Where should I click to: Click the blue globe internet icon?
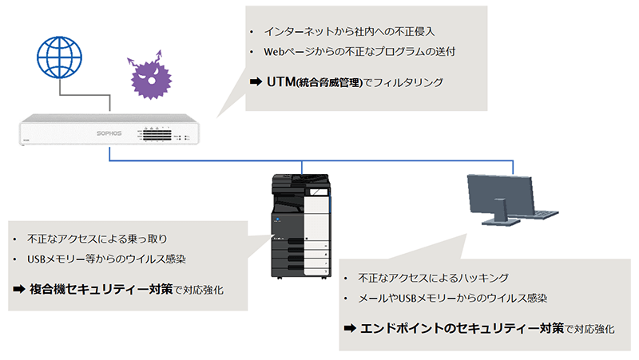tap(59, 57)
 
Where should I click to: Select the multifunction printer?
tap(299, 224)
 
